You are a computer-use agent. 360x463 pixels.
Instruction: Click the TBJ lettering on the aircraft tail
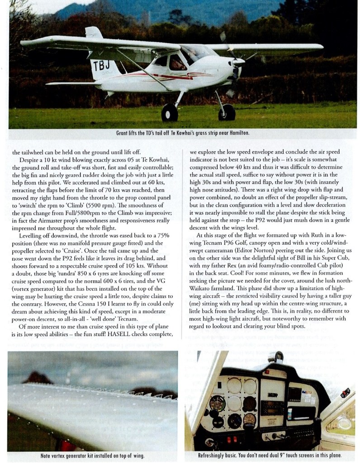pos(100,66)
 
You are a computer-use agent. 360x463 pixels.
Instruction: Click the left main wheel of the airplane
pos(170,112)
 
